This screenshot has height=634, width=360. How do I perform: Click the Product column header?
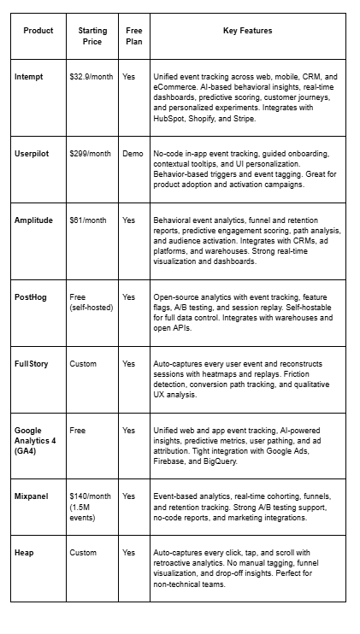pyautogui.click(x=38, y=31)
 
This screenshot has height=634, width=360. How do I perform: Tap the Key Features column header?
pyautogui.click(x=248, y=31)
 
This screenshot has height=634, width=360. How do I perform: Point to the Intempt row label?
pyautogui.click(x=29, y=76)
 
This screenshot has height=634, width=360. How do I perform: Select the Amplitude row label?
pyautogui.click(x=33, y=220)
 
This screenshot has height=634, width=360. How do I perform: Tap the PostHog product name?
pyautogui.click(x=31, y=296)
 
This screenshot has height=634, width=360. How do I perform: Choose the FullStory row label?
pyautogui.click(x=32, y=363)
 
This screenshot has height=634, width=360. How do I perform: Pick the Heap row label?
pyautogui.click(x=24, y=552)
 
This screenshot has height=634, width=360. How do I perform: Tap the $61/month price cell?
pyautogui.click(x=88, y=220)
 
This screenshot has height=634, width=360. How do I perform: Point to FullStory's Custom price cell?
pyautogui.click(x=83, y=363)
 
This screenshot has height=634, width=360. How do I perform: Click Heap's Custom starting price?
pyautogui.click(x=83, y=552)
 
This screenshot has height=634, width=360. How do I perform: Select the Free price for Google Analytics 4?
pyautogui.click(x=77, y=430)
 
